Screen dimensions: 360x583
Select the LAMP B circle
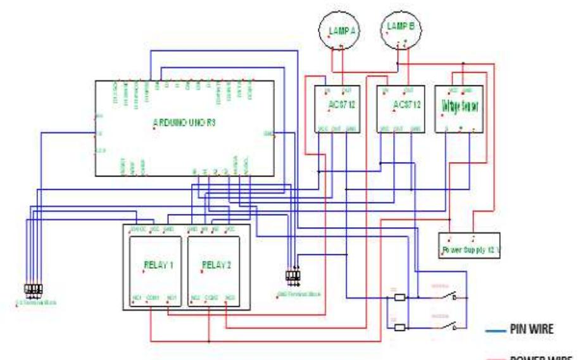pyautogui.click(x=401, y=29)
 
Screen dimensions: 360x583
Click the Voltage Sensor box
pyautogui.click(x=459, y=109)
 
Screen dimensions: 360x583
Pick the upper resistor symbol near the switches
pyautogui.click(x=399, y=297)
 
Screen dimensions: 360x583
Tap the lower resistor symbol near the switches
pyautogui.click(x=399, y=328)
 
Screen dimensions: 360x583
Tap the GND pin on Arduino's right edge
pyautogui.click(x=269, y=133)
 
